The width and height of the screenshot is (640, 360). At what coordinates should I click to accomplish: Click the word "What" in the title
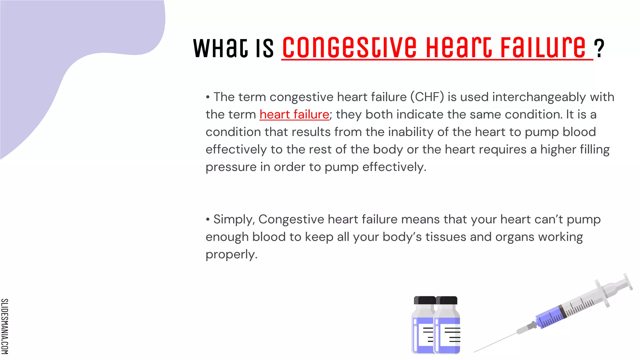click(220, 48)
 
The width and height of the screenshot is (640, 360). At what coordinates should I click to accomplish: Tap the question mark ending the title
click(599, 48)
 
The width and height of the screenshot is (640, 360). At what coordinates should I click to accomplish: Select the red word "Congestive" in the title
click(349, 47)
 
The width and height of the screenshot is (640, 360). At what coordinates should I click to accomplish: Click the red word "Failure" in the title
click(543, 47)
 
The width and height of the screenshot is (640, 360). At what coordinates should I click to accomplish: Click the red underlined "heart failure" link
click(294, 114)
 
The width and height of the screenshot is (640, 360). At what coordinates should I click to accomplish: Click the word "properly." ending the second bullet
click(231, 254)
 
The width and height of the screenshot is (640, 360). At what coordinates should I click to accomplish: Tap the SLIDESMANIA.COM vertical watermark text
click(5, 326)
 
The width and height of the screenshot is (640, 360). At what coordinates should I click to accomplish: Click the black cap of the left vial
click(424, 300)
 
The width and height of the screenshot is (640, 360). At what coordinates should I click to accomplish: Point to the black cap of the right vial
click(447, 300)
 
